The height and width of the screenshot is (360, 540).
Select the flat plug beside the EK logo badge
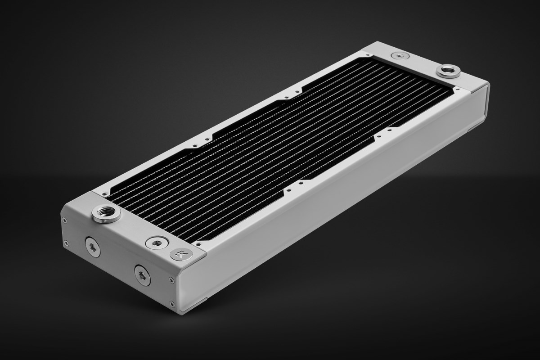point(157,243)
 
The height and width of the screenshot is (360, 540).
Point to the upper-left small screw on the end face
point(65,220)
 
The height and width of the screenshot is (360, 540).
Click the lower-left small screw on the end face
point(67,243)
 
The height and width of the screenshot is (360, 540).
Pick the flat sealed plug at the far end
point(399,55)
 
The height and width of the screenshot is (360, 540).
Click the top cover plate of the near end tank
point(135,225)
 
